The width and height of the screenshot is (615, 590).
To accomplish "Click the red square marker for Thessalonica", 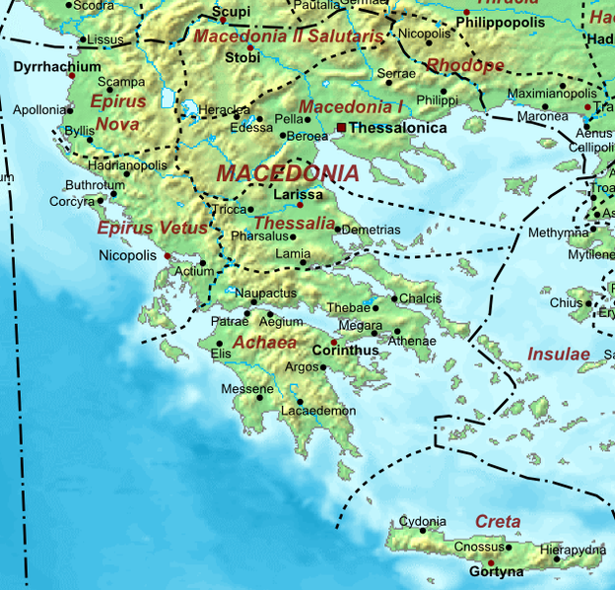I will pos(341,128).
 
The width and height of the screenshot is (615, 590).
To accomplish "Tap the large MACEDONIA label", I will pos(287,173).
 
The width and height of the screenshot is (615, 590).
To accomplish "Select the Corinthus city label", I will pos(345,350).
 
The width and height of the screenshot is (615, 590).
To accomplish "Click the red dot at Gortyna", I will pos(491,562).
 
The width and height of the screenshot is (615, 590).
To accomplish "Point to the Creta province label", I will pos(497,521).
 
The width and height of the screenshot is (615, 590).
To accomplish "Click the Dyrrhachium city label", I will pos(57,67).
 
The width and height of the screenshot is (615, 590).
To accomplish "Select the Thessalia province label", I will pos(295,224).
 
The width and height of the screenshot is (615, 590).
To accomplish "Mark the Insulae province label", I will pos(558,354).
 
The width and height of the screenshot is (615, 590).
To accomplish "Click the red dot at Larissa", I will pos(300,205).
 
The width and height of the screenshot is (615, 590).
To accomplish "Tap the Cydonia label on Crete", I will pos(422,521).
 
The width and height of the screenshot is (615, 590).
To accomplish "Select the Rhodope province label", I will pos(465,66).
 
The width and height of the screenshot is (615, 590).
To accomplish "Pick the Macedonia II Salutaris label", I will pos(288,36).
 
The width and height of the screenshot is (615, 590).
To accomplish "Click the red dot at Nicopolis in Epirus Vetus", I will pos(168,256).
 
